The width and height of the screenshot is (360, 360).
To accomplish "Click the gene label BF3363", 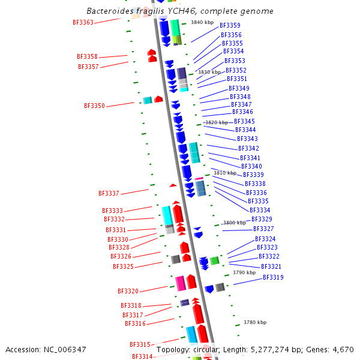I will click(x=83, y=23).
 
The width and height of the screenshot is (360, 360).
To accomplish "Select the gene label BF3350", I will click(x=94, y=106).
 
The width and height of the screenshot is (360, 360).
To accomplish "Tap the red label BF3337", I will click(x=109, y=194).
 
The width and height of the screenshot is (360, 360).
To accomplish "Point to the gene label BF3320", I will click(x=128, y=292).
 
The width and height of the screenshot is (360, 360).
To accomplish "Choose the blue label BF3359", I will click(x=230, y=26).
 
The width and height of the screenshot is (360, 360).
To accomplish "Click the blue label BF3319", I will click(x=273, y=278).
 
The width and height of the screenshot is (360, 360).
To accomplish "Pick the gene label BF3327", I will click(x=263, y=229).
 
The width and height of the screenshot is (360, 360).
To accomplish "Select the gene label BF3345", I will click(x=244, y=122).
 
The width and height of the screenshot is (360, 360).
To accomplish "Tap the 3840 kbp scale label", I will click(x=202, y=23).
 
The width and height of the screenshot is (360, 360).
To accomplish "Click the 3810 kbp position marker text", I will click(x=225, y=173).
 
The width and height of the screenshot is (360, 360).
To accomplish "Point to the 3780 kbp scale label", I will click(x=255, y=322).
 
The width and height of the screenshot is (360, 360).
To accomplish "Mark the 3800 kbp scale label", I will click(x=235, y=223).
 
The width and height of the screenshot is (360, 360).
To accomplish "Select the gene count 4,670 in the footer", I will click(x=343, y=349).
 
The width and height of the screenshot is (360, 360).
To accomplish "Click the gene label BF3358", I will click(x=87, y=57).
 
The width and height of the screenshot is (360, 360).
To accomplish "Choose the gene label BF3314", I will click(x=142, y=356).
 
